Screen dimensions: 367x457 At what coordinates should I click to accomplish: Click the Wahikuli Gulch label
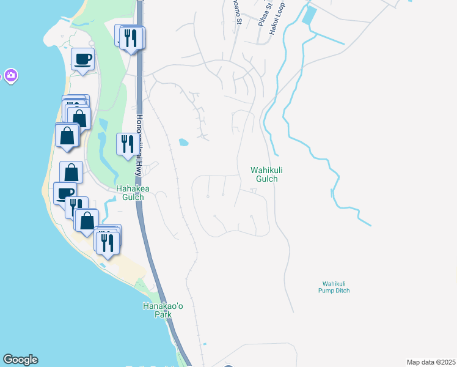coord(264,174)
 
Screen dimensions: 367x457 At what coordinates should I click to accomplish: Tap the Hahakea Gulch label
coord(130,193)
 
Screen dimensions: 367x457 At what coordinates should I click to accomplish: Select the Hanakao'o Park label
coord(163,310)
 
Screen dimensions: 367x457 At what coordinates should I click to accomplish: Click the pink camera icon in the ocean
coord(10,76)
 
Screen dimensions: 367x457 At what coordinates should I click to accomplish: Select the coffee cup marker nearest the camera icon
coord(82,59)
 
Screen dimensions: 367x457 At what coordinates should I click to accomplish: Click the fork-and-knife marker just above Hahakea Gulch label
coord(127,144)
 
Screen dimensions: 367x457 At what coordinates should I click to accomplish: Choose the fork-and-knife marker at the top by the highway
coord(133,38)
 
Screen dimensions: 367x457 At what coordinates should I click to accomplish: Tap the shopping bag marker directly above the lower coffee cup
coord(71,172)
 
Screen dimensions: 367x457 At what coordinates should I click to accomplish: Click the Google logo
coord(20,360)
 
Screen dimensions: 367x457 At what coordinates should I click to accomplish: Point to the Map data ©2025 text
coord(430,362)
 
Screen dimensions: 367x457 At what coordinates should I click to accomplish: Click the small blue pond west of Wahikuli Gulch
coord(183,143)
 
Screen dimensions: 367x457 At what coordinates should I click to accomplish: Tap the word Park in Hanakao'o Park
coord(163,314)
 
